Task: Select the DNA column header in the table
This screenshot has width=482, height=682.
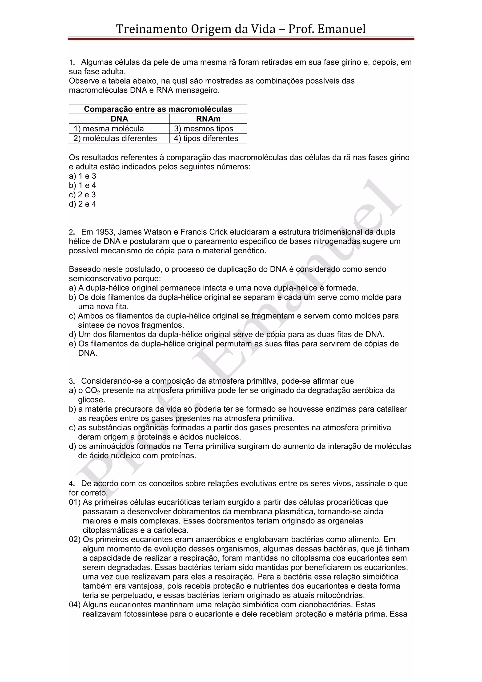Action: pyautogui.click(x=119, y=119)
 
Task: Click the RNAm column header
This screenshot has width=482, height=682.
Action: pyautogui.click(x=208, y=119)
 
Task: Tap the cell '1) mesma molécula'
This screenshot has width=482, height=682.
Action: pyautogui.click(x=109, y=129)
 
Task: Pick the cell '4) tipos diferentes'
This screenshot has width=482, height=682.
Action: pyautogui.click(x=206, y=138)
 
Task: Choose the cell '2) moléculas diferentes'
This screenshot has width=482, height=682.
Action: pyautogui.click(x=115, y=138)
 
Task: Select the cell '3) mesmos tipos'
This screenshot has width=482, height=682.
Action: pyautogui.click(x=204, y=129)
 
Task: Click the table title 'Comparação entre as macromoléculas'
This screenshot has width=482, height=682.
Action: pyautogui.click(x=158, y=109)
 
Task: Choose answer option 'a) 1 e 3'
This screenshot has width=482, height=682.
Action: pyautogui.click(x=83, y=176)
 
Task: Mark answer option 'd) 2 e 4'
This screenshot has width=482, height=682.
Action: pyautogui.click(x=83, y=204)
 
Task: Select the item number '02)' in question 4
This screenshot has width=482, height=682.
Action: pyautogui.click(x=75, y=540)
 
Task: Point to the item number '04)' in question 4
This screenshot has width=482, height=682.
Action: pyautogui.click(x=75, y=605)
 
